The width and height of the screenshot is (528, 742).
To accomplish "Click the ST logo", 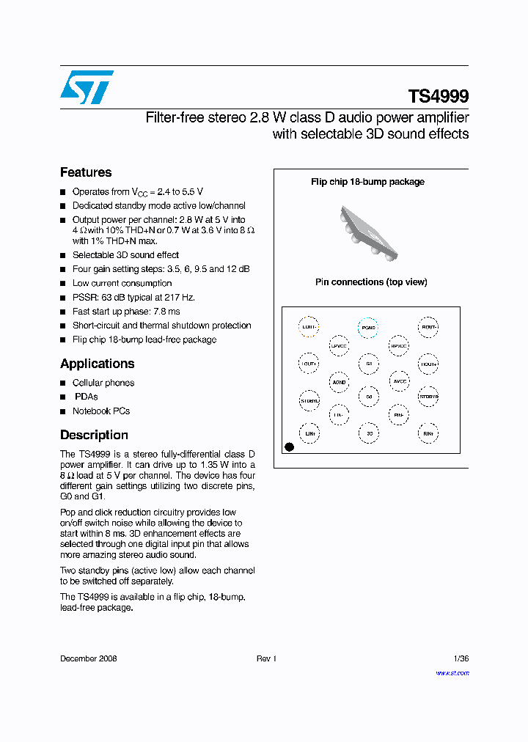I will click(x=87, y=87).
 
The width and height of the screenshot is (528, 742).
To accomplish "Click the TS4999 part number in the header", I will click(x=438, y=96).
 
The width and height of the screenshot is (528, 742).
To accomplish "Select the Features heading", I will click(x=86, y=172).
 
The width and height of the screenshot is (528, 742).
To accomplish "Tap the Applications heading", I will click(x=97, y=364).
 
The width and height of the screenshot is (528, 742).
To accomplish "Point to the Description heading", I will click(x=94, y=435).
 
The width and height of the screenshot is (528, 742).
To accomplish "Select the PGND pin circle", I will click(x=368, y=328).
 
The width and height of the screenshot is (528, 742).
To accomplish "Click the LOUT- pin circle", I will click(x=309, y=327).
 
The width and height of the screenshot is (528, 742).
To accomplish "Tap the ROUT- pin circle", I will click(x=428, y=327).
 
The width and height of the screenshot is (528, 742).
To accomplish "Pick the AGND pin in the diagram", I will click(x=339, y=381).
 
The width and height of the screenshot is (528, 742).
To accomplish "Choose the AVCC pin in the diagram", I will click(x=399, y=381).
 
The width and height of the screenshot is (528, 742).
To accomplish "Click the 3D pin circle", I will click(x=369, y=433).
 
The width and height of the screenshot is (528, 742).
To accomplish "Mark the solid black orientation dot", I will click(x=289, y=447).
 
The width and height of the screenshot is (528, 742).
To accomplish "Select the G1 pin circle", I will click(x=369, y=363).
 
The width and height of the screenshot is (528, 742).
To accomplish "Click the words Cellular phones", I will click(x=103, y=383).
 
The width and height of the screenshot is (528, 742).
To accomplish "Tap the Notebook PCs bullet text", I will click(x=101, y=411).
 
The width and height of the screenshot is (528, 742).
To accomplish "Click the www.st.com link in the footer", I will click(x=452, y=672).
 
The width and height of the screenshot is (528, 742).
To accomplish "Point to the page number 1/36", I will click(x=461, y=658).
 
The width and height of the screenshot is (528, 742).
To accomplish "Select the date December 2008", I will click(x=88, y=658).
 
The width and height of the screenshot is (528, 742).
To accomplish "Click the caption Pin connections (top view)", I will click(x=371, y=282).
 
